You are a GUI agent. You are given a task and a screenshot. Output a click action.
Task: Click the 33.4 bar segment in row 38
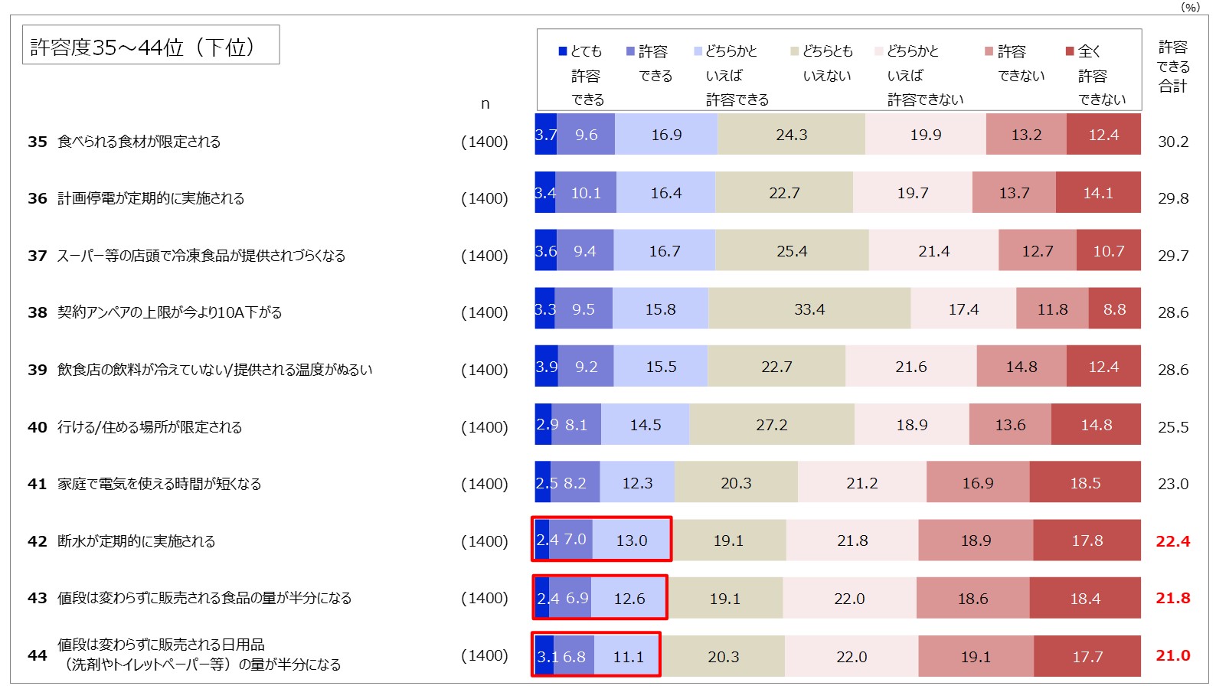pyautogui.click(x=809, y=309)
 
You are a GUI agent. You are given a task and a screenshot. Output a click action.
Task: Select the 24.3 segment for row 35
pyautogui.click(x=791, y=135)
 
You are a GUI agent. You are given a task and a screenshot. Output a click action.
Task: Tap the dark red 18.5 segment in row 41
pyautogui.click(x=1085, y=483)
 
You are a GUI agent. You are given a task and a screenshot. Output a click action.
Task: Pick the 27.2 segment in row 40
pyautogui.click(x=771, y=425)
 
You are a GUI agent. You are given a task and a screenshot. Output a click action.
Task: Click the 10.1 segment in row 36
pyautogui.click(x=586, y=193)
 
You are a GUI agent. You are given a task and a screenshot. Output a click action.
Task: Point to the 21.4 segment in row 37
pyautogui.click(x=933, y=251)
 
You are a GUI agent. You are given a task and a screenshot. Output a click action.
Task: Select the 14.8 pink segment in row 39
pyautogui.click(x=1022, y=367)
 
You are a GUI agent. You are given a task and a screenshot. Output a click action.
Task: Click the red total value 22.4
pyautogui.click(x=1172, y=541)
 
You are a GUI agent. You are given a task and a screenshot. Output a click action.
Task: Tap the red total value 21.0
pyautogui.click(x=1172, y=655)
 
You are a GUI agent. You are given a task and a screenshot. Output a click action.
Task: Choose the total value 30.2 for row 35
pyautogui.click(x=1172, y=142)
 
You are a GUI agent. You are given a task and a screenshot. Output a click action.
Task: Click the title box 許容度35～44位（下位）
pyautogui.click(x=151, y=46)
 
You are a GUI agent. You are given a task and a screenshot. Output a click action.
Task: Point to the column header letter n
pyautogui.click(x=485, y=104)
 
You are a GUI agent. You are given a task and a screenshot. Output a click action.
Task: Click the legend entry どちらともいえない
pyautogui.click(x=825, y=64)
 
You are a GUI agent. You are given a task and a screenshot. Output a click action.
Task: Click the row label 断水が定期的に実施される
pyautogui.click(x=136, y=541)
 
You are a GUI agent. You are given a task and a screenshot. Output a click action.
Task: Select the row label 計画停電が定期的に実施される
pyautogui.click(x=151, y=198)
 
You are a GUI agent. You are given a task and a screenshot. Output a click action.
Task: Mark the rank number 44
pyautogui.click(x=37, y=655)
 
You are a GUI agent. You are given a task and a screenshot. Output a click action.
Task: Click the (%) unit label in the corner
pyautogui.click(x=1190, y=7)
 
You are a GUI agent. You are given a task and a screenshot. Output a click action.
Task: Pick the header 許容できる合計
pyautogui.click(x=1172, y=67)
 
